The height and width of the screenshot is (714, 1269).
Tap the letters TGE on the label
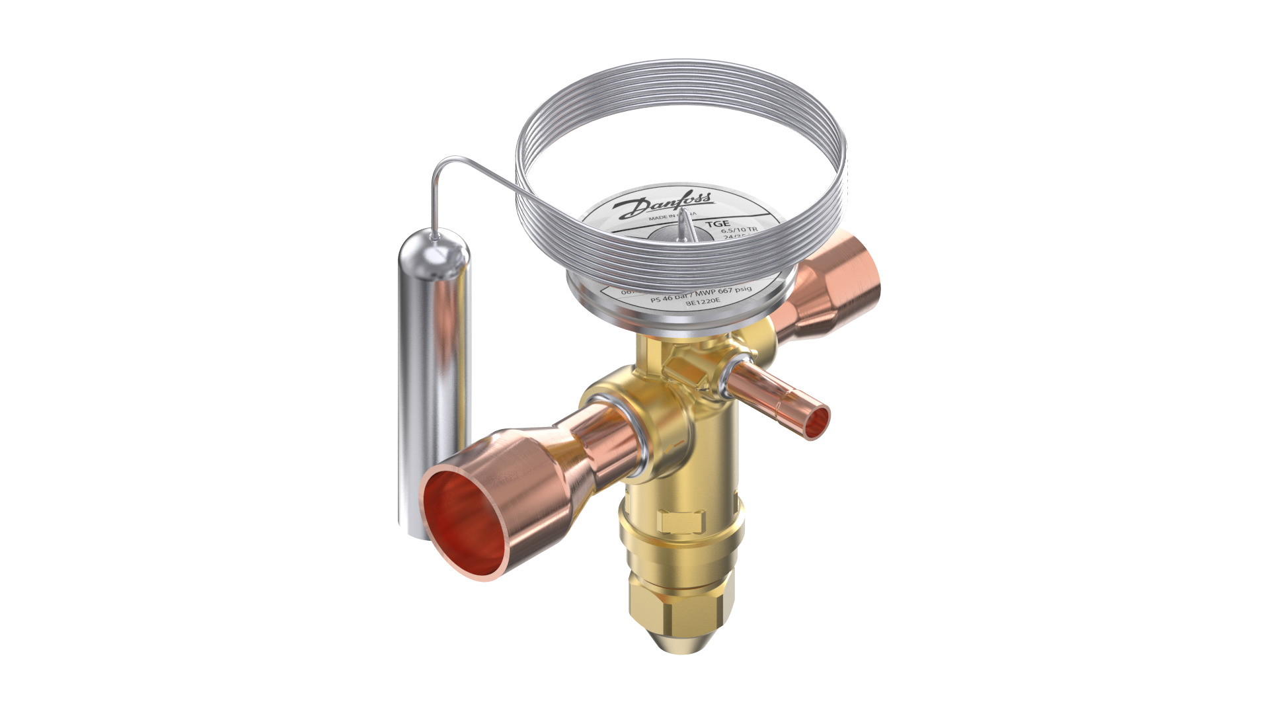pyautogui.click(x=716, y=223)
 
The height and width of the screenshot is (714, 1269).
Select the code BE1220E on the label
pyautogui.click(x=702, y=303)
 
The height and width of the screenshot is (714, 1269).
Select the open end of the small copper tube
pyautogui.click(x=818, y=420)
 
